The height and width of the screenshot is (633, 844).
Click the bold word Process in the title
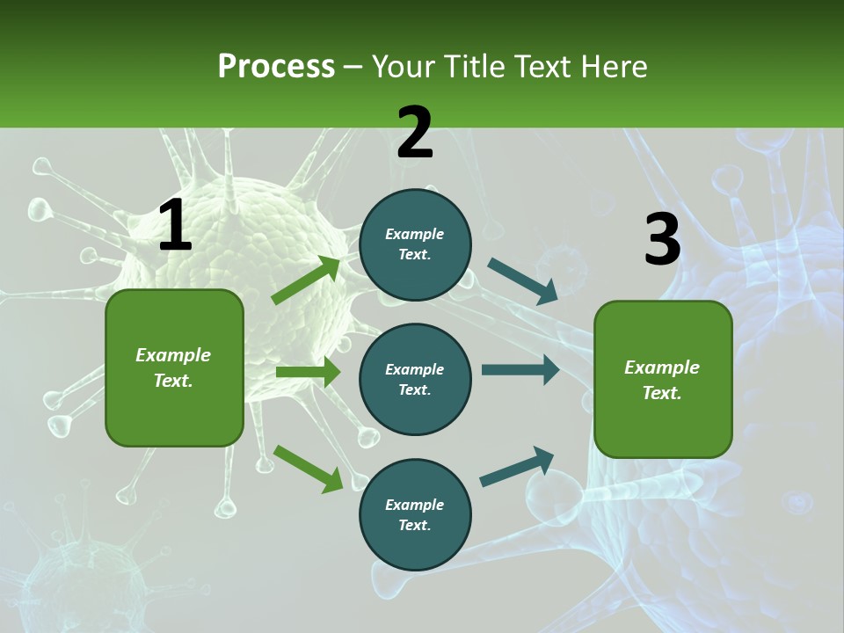click(276, 67)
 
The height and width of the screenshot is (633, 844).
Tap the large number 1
click(175, 226)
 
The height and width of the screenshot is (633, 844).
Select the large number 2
click(415, 133)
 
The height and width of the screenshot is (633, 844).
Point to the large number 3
click(662, 239)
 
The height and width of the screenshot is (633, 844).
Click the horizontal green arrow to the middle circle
click(308, 372)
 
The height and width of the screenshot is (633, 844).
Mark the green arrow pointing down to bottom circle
click(308, 468)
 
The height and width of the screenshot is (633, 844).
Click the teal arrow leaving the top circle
click(522, 280)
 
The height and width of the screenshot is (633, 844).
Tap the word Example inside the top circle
click(415, 234)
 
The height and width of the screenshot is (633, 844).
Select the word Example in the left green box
click(173, 355)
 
